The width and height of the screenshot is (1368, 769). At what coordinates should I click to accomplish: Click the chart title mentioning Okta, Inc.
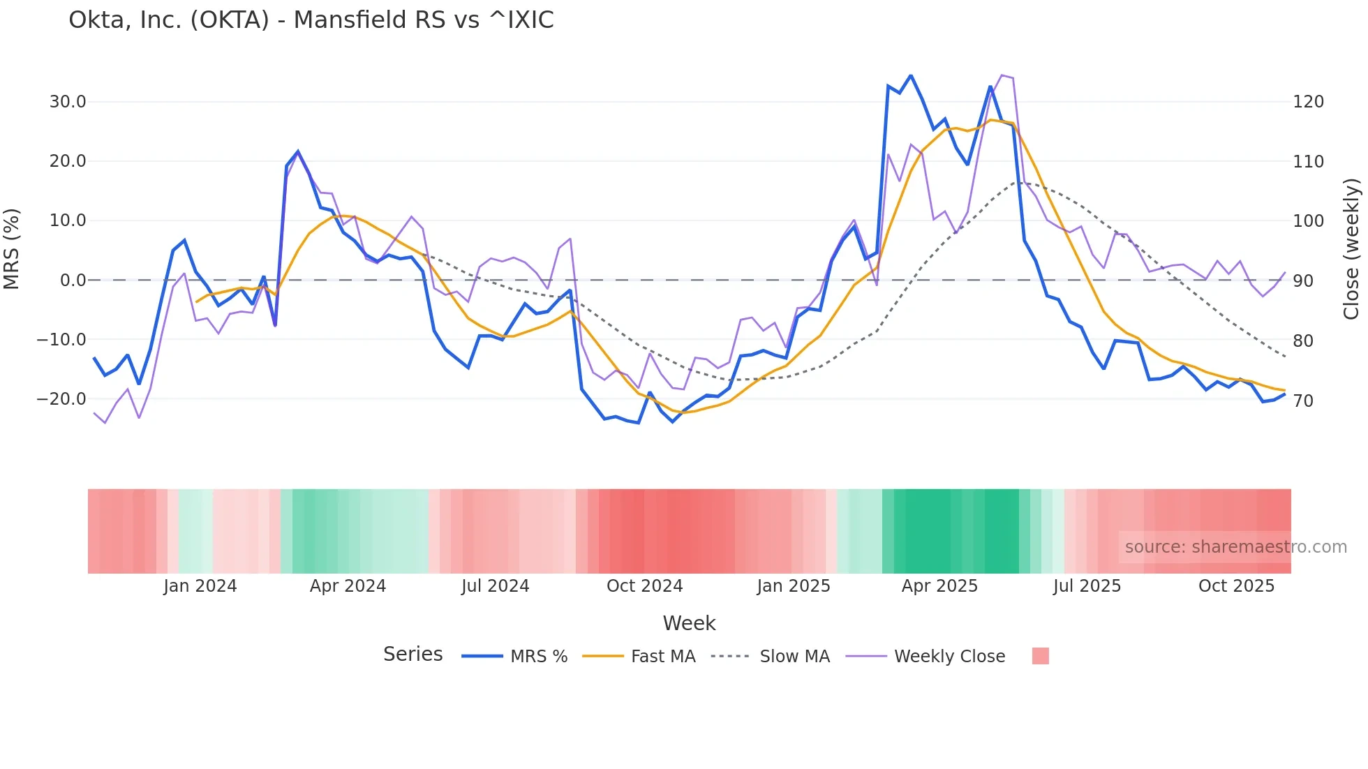[311, 20]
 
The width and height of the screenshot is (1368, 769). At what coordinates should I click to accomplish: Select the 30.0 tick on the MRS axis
[68, 102]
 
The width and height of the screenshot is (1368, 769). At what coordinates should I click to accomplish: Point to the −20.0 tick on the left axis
[62, 399]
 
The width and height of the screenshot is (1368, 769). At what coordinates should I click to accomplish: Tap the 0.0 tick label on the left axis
[73, 281]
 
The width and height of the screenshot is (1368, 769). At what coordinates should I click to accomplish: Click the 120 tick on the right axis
[1308, 102]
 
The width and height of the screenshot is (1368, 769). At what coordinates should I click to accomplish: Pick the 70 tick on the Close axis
[1303, 401]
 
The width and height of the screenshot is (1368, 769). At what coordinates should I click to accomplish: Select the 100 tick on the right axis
[1308, 221]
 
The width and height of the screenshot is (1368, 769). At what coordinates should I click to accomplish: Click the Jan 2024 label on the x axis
[200, 586]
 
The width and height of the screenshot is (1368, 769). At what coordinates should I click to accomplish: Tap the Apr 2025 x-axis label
[939, 586]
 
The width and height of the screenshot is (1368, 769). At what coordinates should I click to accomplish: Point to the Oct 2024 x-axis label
[644, 586]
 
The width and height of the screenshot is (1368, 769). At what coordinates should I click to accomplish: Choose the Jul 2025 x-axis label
[1087, 586]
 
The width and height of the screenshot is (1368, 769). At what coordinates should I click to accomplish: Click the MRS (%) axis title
[12, 249]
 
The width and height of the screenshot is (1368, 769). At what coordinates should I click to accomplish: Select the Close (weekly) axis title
[1351, 249]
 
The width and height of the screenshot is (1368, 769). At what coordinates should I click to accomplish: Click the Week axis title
[689, 623]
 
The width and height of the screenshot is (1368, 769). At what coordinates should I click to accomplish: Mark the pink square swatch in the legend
[1040, 657]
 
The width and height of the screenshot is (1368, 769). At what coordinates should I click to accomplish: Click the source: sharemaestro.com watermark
[1235, 547]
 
